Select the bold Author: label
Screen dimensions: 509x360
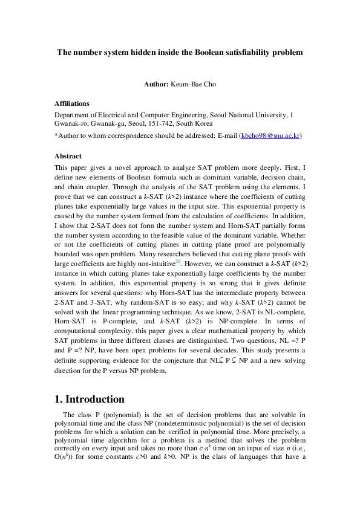[156, 84]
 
